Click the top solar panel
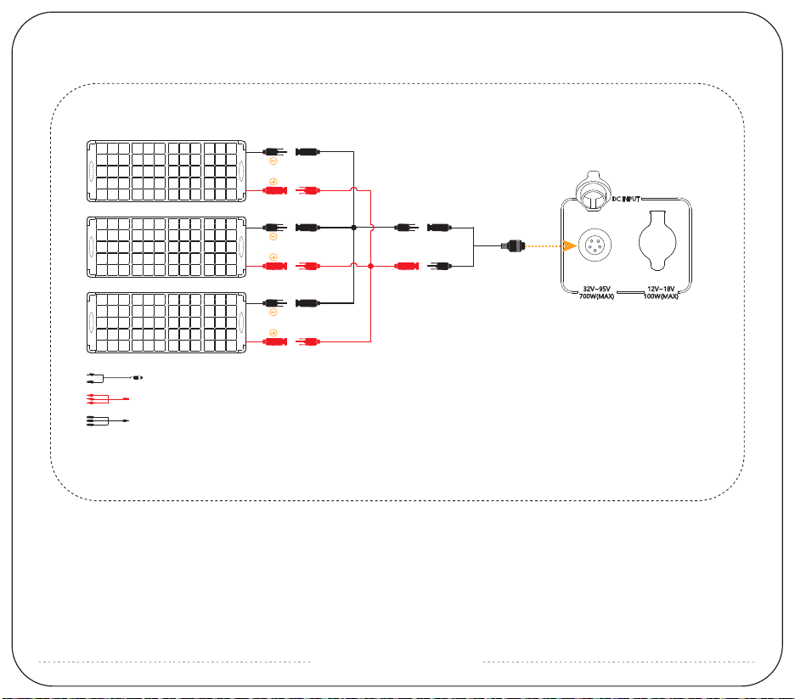click(167, 172)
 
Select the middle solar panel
click(167, 247)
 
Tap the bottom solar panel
click(167, 323)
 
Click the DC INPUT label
click(631, 200)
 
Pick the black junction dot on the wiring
click(353, 228)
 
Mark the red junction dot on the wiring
click(371, 266)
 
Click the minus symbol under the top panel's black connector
click(273, 161)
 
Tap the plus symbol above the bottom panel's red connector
click(273, 332)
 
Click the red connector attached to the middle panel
click(273, 266)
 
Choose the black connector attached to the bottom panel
click(273, 302)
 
